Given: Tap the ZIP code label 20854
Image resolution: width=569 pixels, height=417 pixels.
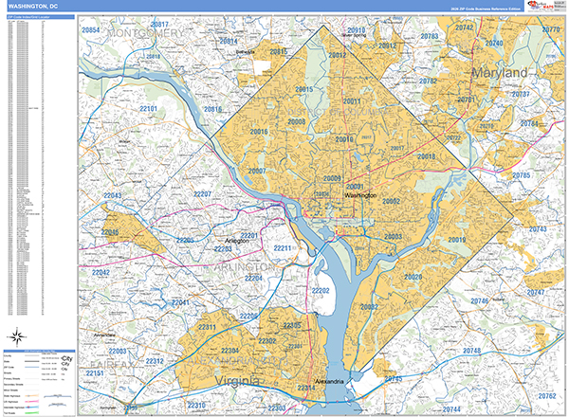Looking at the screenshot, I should click(92, 31).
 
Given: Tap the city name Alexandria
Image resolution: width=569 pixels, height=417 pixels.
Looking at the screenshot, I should click(338, 382).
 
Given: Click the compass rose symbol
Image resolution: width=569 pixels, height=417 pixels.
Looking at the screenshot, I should click(20, 335).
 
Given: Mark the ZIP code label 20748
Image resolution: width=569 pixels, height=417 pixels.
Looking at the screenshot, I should click(471, 352).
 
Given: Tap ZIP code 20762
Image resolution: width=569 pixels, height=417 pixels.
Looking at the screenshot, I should click(547, 395).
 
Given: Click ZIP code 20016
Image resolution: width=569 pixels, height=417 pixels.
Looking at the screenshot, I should click(259, 132).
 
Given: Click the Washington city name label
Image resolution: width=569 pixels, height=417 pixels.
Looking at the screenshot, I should click(354, 195).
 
